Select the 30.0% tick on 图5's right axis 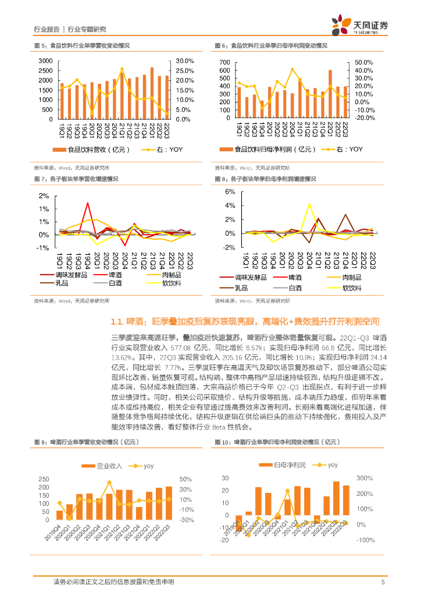(185, 61)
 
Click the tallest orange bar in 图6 (330, 94)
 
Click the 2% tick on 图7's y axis (44, 196)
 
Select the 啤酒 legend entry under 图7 (109, 275)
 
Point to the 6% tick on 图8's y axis (229, 191)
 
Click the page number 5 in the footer (383, 582)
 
